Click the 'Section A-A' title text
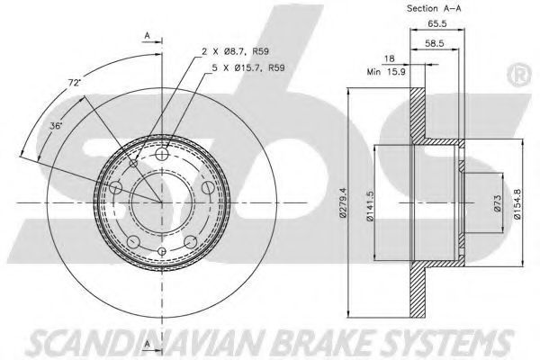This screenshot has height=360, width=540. click(x=434, y=8)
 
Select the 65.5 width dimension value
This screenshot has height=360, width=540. click(x=437, y=23)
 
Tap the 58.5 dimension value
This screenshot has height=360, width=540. click(x=435, y=43)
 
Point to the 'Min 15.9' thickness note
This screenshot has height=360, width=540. click(x=386, y=72)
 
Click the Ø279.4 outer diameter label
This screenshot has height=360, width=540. click(x=343, y=202)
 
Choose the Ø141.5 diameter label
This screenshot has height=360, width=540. click(x=370, y=206)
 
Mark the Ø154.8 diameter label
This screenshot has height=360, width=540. click(x=517, y=204)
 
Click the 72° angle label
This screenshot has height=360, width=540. click(x=74, y=83)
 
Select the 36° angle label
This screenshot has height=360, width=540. click(x=55, y=126)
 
